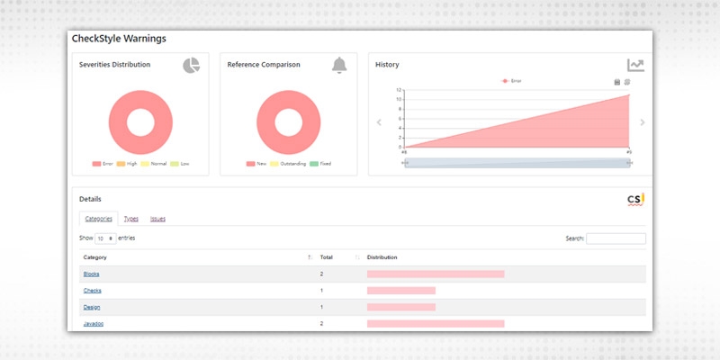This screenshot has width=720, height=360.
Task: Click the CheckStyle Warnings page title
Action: pos(118,39)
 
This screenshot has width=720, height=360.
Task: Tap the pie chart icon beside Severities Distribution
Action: pos(191,65)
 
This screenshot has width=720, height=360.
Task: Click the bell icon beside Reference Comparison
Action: pos(338,65)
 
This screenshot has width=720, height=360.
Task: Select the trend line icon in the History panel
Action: pos(635,65)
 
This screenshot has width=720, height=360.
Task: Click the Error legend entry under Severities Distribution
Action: pos(103,164)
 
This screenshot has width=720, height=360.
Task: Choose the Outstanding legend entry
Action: pos(287,164)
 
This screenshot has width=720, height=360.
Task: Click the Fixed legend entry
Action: pos(320,164)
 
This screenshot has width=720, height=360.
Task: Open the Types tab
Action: pos(130,219)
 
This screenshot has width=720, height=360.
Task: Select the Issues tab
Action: pos(157,219)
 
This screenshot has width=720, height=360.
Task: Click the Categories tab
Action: pos(98,219)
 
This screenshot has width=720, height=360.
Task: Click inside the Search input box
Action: pos(616,238)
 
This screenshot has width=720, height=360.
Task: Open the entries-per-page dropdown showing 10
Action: pos(105,238)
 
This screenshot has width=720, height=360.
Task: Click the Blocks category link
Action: pos(91,274)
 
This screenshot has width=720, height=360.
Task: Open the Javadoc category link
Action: pos(94,323)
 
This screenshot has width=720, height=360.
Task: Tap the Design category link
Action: pos(92,307)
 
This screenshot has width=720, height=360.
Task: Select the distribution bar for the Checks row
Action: pos(401,290)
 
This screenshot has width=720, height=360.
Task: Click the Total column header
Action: pos(327,257)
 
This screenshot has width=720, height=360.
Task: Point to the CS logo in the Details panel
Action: pos(636,199)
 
